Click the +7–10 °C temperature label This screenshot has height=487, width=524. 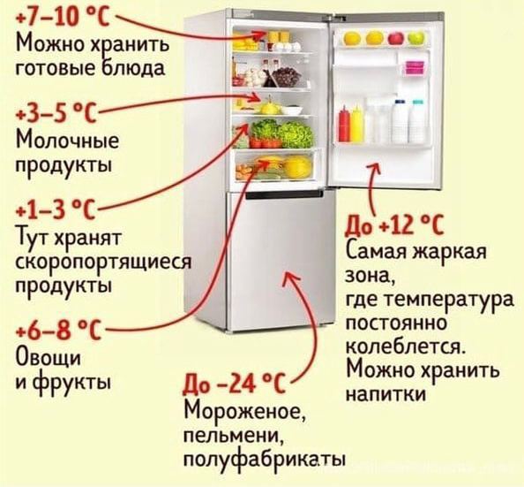tap(63, 17)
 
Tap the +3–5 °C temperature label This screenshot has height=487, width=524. tap(56, 113)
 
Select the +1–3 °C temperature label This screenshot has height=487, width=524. tap(56, 209)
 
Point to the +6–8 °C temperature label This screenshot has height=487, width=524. tap(58, 330)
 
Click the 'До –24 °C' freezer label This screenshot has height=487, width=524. tap(234, 384)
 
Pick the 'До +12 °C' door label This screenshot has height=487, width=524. tap(394, 224)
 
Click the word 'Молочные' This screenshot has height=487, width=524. tap(67, 140)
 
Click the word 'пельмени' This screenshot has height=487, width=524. tap(234, 436)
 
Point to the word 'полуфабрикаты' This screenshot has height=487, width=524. tap(264, 460)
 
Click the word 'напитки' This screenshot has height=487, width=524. tap(386, 394)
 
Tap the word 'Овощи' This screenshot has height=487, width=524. tap(49, 358)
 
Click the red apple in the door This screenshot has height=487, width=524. tap(396, 38)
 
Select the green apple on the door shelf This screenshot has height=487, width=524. tap(415, 38)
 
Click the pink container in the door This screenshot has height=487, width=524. tap(415, 68)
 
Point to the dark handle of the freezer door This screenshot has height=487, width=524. tap(284, 195)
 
